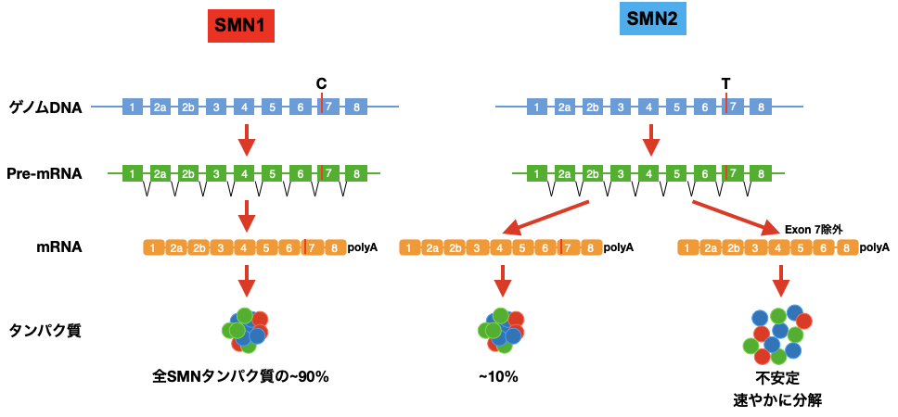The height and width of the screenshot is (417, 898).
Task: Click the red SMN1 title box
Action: (x=241, y=26)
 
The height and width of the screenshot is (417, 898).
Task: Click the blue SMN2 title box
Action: (x=653, y=19)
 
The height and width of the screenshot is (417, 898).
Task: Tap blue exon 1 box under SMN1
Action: (x=133, y=107)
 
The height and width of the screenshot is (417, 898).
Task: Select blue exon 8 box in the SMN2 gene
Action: (x=761, y=107)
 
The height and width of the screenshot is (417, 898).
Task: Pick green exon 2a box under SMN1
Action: (x=160, y=173)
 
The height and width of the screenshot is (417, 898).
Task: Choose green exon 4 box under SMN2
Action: (x=648, y=173)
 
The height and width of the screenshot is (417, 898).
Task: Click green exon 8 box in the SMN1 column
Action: (x=356, y=173)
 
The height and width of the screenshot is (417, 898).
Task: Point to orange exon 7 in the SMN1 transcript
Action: (x=313, y=247)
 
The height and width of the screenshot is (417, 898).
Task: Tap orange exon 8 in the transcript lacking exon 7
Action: (x=848, y=247)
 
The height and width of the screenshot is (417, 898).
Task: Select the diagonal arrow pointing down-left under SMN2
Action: (x=545, y=217)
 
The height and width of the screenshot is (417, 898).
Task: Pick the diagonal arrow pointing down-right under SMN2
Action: (x=737, y=217)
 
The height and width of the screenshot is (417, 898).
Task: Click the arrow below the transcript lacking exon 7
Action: (x=781, y=281)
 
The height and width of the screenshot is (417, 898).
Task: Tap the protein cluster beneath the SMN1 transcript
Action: (x=246, y=331)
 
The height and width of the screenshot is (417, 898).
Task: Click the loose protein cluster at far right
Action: (x=777, y=335)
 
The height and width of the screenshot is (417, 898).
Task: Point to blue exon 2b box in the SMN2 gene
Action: (x=593, y=107)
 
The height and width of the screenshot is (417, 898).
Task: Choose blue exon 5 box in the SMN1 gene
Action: (x=272, y=107)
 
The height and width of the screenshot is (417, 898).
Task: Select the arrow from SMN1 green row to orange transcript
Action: (x=246, y=216)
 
